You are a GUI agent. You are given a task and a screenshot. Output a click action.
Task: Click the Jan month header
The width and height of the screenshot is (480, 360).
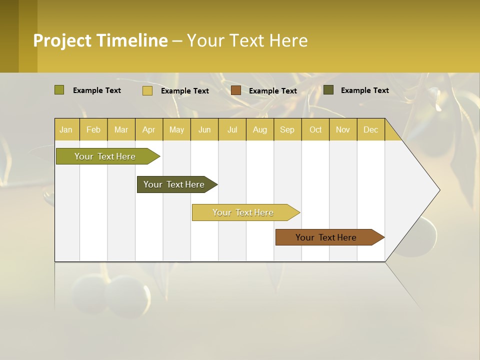(x=66, y=129)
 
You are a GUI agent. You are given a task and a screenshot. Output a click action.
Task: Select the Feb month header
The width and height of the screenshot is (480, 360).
(x=93, y=129)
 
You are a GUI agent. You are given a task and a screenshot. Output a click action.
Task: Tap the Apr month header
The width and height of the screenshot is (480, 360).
(x=148, y=129)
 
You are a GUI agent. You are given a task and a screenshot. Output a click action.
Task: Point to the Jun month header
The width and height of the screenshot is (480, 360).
(x=204, y=129)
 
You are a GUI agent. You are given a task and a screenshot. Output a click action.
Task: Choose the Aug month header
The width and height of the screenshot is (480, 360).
(x=259, y=129)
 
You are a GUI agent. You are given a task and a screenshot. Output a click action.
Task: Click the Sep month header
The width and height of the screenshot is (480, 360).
(x=287, y=129)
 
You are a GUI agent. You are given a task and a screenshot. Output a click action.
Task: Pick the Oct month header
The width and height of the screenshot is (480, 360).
(x=315, y=129)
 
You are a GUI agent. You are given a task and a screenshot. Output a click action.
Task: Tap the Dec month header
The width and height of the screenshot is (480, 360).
(x=370, y=129)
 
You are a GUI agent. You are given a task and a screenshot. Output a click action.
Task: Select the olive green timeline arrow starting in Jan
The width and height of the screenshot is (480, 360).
(x=105, y=156)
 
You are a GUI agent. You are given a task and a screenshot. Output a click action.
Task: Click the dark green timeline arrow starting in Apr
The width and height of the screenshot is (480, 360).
(x=174, y=184)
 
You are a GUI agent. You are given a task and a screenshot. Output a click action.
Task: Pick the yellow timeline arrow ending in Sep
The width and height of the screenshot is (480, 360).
(x=243, y=212)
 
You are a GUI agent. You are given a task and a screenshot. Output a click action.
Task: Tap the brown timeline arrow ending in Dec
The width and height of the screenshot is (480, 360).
(x=326, y=237)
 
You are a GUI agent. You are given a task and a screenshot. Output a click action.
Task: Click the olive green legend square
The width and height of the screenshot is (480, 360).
(x=59, y=90)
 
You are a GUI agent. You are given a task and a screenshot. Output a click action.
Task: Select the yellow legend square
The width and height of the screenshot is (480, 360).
(x=147, y=90)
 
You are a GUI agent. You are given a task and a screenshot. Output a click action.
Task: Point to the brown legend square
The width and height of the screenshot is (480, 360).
(x=236, y=90)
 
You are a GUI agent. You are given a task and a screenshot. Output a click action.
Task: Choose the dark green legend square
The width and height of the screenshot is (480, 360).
(x=328, y=89)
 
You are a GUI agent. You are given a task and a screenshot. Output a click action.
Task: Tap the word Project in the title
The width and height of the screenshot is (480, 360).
(x=62, y=40)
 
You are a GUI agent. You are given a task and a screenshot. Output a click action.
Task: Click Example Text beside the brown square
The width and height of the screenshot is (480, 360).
(x=272, y=90)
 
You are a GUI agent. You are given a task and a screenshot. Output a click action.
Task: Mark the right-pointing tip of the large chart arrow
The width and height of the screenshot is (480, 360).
(x=439, y=190)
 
